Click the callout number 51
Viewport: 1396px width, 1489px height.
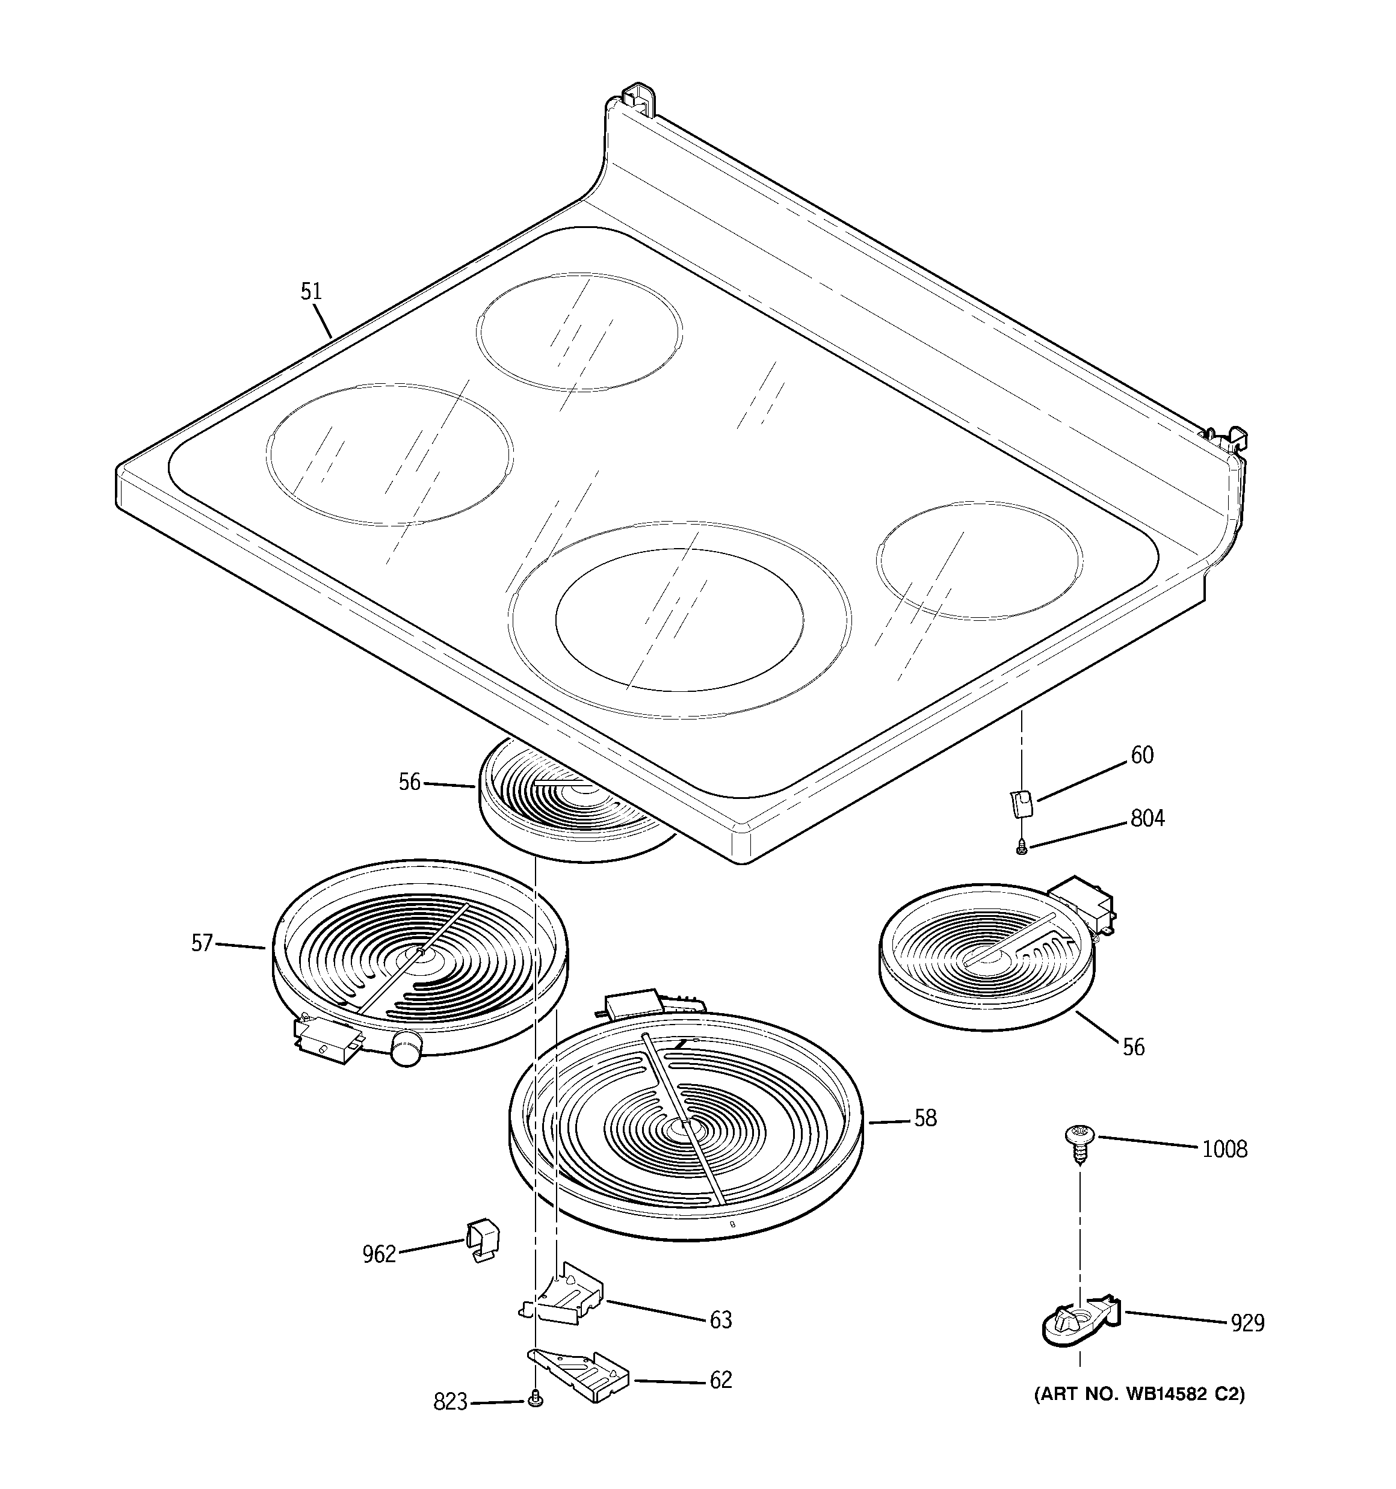pos(311,291)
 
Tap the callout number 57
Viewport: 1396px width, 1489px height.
pos(202,942)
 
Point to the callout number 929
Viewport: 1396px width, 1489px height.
pos(1247,1324)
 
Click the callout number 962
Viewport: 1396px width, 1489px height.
pos(378,1254)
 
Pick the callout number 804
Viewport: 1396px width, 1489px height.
pos(1147,819)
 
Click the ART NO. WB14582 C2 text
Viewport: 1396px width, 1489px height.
pos(1139,1395)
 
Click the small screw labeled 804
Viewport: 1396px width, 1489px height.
pos(1021,848)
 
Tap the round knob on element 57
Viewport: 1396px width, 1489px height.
pos(407,1046)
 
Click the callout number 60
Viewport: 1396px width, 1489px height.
pos(1142,755)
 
